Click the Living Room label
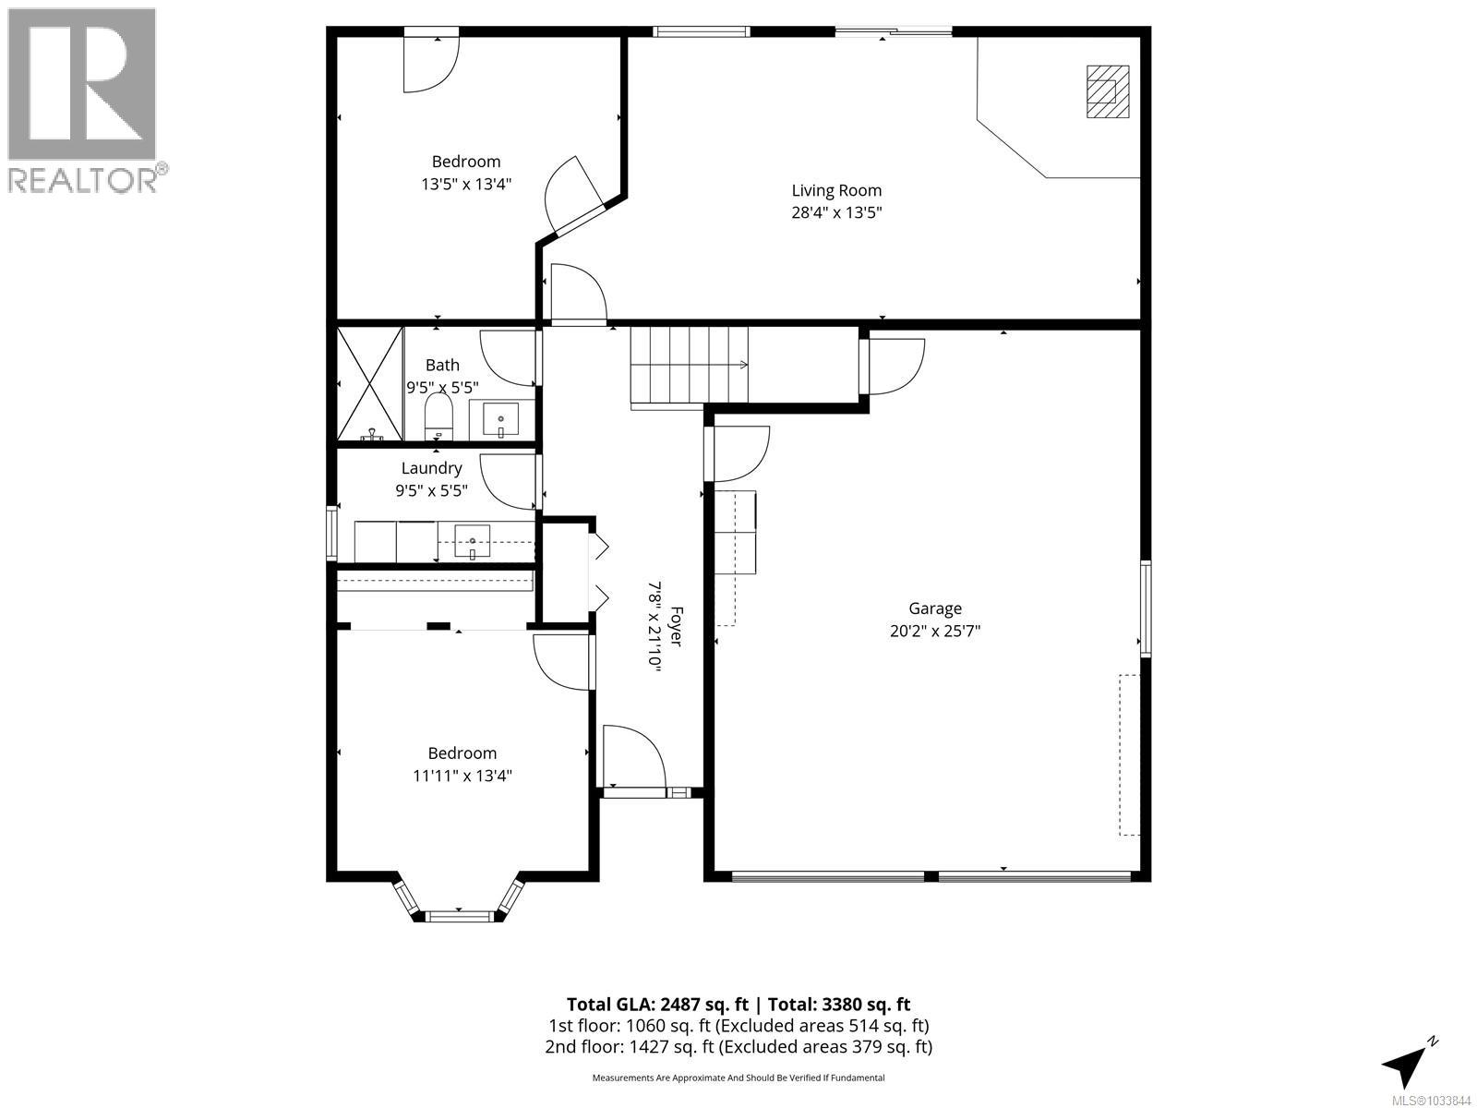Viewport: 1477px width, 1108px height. pyautogui.click(x=836, y=191)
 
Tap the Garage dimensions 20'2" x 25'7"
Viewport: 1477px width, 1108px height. pyautogui.click(x=935, y=632)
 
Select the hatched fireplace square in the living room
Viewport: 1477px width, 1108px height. pyautogui.click(x=1107, y=90)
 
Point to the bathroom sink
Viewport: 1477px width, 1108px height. pyautogui.click(x=501, y=421)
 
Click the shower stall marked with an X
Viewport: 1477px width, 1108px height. pyautogui.click(x=369, y=383)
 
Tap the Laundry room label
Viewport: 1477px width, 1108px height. pyautogui.click(x=431, y=468)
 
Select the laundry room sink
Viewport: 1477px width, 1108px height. pyautogui.click(x=473, y=541)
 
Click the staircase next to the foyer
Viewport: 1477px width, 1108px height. pyautogui.click(x=689, y=366)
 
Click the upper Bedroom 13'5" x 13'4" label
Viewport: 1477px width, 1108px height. pyautogui.click(x=466, y=173)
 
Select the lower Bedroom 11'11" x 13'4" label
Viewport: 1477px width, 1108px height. pyautogui.click(x=462, y=765)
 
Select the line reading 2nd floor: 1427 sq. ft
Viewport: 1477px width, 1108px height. pyautogui.click(x=738, y=1046)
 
